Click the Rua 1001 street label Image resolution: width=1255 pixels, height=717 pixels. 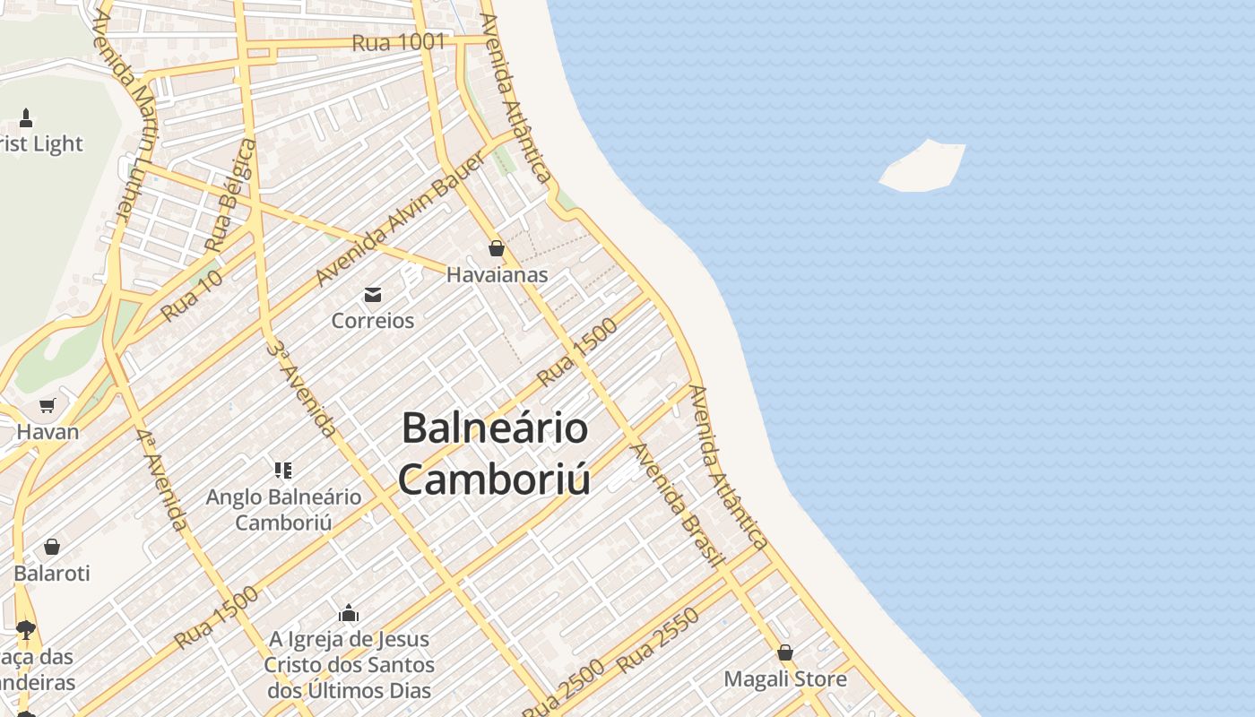(x=398, y=42)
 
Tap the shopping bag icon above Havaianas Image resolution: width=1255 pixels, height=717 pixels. (x=497, y=248)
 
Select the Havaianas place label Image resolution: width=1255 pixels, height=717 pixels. (x=497, y=275)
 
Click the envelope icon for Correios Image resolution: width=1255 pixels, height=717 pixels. (x=373, y=294)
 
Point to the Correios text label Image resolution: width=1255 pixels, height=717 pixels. (x=373, y=320)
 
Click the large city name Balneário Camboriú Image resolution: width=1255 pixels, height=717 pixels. (x=495, y=454)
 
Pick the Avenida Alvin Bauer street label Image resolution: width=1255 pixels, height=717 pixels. (x=400, y=219)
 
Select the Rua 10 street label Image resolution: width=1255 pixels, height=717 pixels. (x=192, y=296)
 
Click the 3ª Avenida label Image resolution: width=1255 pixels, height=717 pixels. (x=301, y=388)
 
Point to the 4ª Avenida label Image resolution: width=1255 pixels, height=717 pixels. (x=161, y=479)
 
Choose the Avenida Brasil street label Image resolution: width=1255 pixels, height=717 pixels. (x=678, y=505)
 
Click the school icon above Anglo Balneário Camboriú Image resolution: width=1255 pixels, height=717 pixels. (x=283, y=470)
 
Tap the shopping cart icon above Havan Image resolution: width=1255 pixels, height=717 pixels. (x=48, y=405)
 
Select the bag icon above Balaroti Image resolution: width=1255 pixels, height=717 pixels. (x=52, y=547)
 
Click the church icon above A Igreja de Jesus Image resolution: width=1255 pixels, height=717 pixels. (x=349, y=614)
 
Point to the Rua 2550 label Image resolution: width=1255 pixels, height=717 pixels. (x=658, y=640)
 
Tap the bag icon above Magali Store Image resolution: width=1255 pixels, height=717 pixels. (x=785, y=652)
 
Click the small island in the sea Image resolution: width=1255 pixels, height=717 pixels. (x=923, y=166)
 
